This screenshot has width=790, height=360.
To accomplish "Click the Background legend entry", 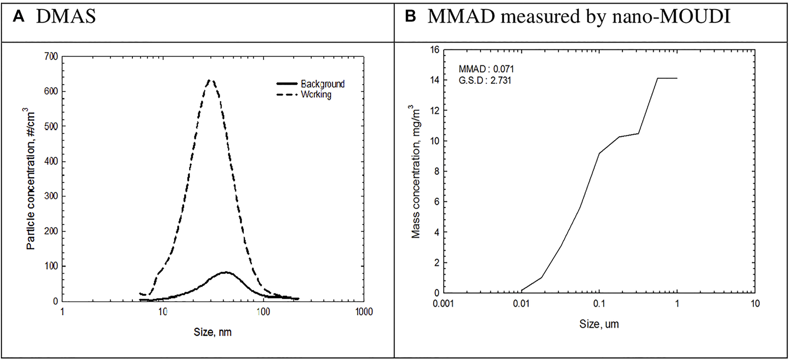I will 322,84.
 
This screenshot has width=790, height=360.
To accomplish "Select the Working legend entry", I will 316,94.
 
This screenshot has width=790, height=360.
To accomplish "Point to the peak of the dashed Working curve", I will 211,81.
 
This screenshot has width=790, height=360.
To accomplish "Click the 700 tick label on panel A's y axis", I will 51,57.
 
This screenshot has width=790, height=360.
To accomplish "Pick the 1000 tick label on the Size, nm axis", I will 364,312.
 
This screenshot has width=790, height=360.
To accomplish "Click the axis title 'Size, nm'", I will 213,332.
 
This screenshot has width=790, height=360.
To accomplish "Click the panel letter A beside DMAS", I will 18,17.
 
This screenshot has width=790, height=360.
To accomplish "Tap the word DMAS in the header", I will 66,17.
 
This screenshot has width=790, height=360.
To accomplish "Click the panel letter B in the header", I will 410,17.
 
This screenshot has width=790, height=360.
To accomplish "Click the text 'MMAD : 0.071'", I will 486,69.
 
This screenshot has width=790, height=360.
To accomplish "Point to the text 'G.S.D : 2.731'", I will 485,81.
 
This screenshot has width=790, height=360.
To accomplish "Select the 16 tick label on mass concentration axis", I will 434,50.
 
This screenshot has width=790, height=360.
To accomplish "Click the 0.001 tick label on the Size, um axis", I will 443,304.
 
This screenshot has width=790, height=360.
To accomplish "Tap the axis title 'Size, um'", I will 599,324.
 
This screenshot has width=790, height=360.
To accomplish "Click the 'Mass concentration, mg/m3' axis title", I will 416,172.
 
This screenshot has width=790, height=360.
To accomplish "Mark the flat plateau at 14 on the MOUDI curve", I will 667,78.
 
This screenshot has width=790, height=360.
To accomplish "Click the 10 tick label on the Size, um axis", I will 755,304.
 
